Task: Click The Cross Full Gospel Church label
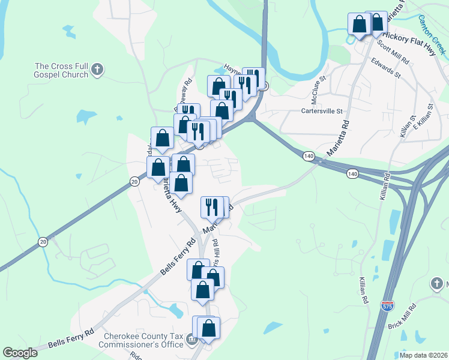point(61,71)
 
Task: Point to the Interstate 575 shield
point(388,307)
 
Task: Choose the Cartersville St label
point(321,111)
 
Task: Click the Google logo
point(20,353)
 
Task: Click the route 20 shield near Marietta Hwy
point(134,181)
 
